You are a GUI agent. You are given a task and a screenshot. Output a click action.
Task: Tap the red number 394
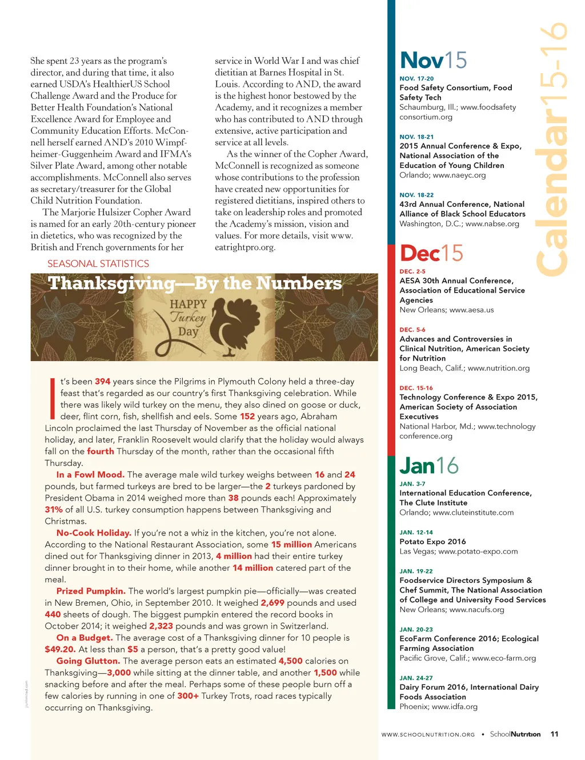[x=103, y=382]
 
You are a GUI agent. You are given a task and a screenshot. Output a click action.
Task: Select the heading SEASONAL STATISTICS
[x=98, y=264]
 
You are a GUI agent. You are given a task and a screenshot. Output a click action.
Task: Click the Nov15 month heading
[x=434, y=61]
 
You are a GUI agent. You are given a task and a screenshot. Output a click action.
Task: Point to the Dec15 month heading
[x=431, y=253]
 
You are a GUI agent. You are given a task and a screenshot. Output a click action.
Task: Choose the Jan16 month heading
[x=429, y=466]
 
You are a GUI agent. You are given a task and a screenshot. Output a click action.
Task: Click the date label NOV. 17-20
[x=416, y=79]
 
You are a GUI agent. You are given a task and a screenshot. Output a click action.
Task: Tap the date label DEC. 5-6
[x=412, y=330]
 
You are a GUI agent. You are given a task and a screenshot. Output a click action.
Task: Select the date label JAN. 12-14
[x=416, y=533]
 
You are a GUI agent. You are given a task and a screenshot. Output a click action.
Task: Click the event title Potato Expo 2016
[x=432, y=542]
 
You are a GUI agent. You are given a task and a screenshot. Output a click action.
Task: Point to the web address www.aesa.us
[x=471, y=310]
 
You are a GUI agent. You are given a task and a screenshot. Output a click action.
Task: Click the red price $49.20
[x=60, y=650]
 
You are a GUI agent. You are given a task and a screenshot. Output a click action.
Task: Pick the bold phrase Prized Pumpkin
[x=91, y=591]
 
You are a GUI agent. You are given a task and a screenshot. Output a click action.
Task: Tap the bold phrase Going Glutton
[x=88, y=661]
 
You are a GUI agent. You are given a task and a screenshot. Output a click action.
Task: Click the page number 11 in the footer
[x=554, y=734]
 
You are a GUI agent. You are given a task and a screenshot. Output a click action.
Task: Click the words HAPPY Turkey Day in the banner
[x=188, y=318]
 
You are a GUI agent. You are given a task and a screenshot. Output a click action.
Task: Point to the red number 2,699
[x=273, y=603]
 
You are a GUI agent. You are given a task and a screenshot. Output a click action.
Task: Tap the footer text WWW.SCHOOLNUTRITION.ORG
[x=428, y=735]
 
